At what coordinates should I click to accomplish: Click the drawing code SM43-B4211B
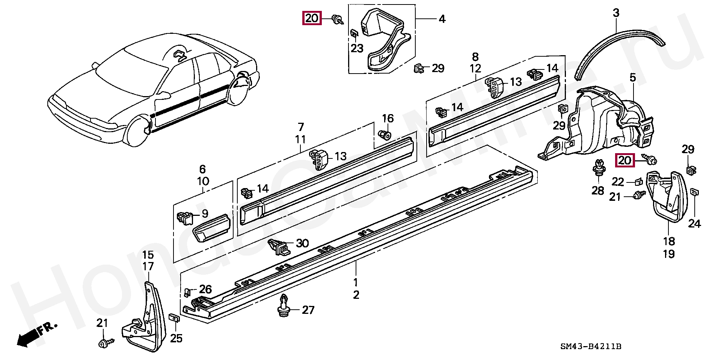pos(591,346)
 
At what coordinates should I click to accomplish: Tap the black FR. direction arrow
pos(26,339)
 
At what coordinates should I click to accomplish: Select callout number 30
pos(302,243)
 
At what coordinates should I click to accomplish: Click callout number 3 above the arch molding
pos(616,13)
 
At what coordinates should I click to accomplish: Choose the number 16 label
pos(388,119)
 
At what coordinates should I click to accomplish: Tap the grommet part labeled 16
pos(385,135)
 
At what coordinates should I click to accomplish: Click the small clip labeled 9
pos(184,217)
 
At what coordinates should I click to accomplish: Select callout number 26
pos(205,289)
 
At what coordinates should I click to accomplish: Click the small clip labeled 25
pos(174,318)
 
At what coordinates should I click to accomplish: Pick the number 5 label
pos(633,78)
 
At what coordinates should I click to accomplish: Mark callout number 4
pos(442,19)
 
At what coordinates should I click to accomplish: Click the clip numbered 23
pos(354,33)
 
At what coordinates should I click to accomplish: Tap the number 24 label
pos(694,224)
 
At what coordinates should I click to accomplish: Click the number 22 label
pos(618,182)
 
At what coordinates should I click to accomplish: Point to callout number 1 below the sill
pos(356,282)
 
